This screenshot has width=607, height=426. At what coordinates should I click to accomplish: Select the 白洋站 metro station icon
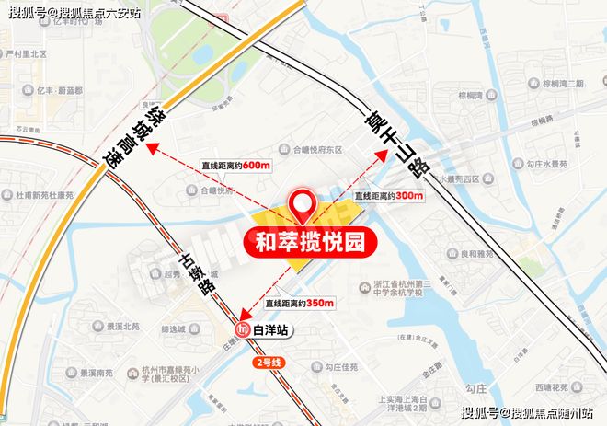tap(244, 330)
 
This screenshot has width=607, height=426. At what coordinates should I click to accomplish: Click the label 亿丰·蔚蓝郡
tap(54, 91)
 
